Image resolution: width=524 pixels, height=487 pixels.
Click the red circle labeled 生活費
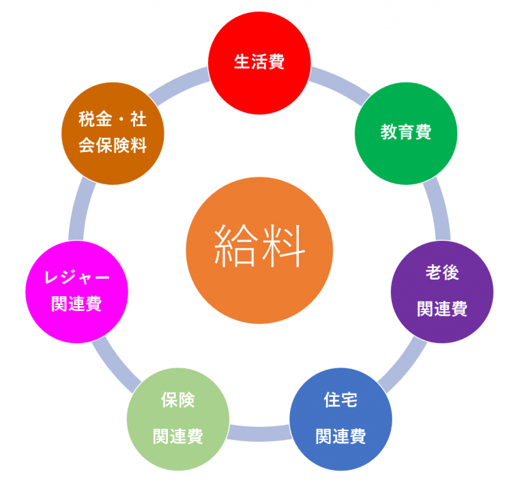(259, 63)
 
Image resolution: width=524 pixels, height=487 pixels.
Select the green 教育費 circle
(406, 133)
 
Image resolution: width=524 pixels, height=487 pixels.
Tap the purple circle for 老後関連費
(442, 292)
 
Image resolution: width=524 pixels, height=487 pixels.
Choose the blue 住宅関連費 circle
(340, 419)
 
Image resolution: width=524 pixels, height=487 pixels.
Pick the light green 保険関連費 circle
(178, 419)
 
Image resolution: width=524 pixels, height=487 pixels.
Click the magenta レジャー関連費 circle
(77, 292)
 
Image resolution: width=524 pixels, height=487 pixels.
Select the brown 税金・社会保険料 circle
(113, 133)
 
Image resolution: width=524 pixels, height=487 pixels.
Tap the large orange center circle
(259, 250)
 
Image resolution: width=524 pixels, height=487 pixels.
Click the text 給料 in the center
(259, 246)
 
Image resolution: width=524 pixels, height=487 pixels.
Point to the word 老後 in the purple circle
(442, 272)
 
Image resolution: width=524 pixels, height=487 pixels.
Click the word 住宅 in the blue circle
(340, 400)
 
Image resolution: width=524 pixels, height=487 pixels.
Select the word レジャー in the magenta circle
(77, 277)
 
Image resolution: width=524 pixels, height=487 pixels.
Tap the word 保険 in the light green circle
(178, 400)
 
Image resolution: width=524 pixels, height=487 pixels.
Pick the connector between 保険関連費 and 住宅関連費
(259, 434)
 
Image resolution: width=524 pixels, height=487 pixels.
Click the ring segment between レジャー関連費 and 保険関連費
(115, 366)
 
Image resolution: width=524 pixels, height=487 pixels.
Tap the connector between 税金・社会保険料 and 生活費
(178, 85)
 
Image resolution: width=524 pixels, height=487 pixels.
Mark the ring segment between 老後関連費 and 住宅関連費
(403, 366)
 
